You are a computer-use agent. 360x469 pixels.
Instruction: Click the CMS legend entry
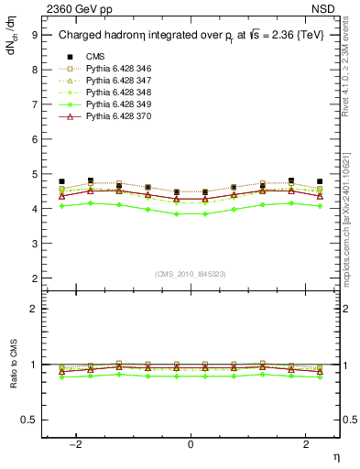tap(93, 58)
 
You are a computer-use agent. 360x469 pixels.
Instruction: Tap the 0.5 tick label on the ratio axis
tap(30, 420)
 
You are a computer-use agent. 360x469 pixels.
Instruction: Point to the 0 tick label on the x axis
tap(191, 443)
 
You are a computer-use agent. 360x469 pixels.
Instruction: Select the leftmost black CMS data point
tap(61, 181)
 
